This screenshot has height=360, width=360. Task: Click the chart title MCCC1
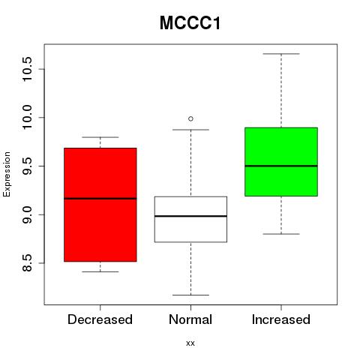tap(190, 23)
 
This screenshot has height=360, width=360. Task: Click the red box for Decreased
tap(100, 205)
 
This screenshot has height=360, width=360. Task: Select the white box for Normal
tap(190, 219)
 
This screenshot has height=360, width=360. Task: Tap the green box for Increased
tap(281, 162)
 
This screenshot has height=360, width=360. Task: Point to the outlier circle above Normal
tap(190, 118)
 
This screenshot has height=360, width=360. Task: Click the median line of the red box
tap(100, 199)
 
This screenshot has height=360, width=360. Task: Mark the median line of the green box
tap(281, 166)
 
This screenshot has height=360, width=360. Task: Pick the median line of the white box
tap(190, 216)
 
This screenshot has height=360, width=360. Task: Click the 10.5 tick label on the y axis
tap(27, 69)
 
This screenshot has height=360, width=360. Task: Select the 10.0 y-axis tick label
tap(27, 118)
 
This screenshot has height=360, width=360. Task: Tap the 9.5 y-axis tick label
tap(27, 166)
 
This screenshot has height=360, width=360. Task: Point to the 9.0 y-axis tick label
tap(27, 214)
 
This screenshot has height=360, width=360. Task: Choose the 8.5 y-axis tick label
tap(27, 263)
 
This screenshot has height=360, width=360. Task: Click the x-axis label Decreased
tap(100, 319)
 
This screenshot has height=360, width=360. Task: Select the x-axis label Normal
tap(190, 319)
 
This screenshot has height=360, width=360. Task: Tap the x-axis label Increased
tap(281, 319)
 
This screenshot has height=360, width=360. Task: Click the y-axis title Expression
tap(7, 174)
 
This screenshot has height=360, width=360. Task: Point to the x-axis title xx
tap(190, 343)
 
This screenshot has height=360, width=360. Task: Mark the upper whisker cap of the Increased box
tap(281, 54)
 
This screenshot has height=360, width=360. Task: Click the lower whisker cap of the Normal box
tap(190, 295)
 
